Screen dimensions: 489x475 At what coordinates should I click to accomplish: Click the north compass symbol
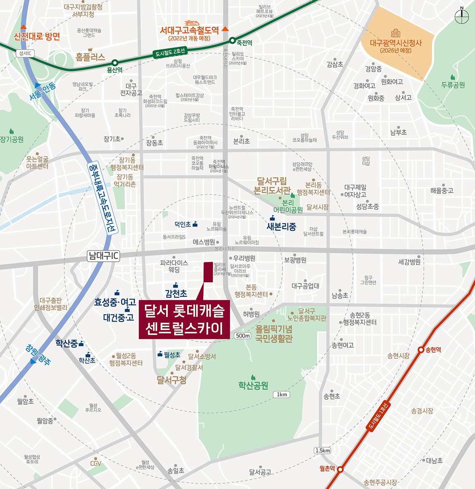[x=462, y=16]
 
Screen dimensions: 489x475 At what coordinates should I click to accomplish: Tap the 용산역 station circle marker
[x=115, y=63]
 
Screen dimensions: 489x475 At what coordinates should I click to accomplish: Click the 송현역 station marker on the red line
[x=421, y=350]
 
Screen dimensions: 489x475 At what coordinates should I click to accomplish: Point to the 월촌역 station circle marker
[x=340, y=469]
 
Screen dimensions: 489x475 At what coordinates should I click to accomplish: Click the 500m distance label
[x=242, y=336]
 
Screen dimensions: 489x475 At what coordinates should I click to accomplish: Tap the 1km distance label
[x=282, y=394]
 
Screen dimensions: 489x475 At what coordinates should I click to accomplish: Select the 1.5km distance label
[x=322, y=451]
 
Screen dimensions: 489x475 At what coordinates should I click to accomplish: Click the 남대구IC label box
[x=104, y=256]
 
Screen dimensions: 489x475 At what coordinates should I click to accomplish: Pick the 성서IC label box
[x=25, y=53]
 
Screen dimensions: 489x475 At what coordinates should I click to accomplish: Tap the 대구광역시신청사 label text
[x=396, y=43]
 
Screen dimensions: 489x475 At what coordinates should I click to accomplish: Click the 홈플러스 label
[x=90, y=57]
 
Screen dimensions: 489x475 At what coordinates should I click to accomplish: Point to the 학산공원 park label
[x=253, y=385]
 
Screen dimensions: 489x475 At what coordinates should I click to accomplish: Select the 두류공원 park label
[x=453, y=85]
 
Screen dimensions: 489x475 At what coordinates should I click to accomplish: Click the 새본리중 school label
[x=281, y=227]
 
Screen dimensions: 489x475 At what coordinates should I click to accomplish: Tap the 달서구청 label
[x=171, y=379]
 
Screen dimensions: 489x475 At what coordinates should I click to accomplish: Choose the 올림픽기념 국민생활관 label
[x=273, y=334]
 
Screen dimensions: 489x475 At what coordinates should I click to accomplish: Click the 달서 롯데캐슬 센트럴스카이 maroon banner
[x=184, y=319]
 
